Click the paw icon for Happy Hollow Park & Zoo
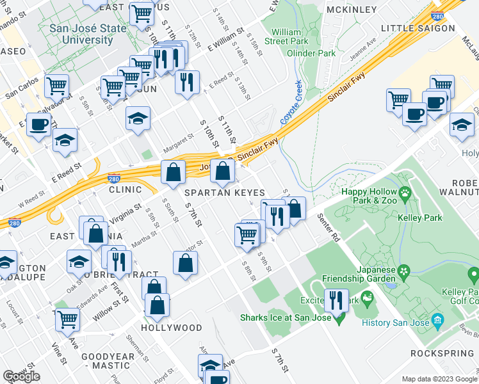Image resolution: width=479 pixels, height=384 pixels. [x=405, y=192]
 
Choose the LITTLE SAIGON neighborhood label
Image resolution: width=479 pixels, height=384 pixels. [x=418, y=28]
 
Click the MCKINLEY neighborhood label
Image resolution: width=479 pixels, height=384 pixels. [x=352, y=10]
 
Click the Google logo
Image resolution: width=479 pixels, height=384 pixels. [x=22, y=376]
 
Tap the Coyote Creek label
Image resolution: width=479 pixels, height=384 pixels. [x=290, y=102]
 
